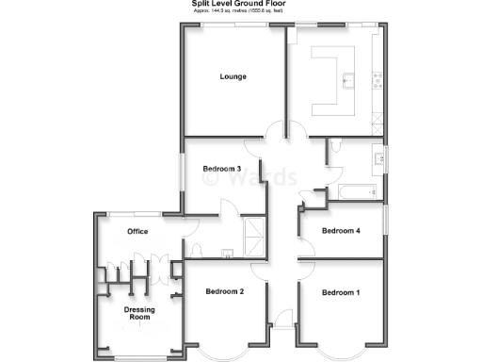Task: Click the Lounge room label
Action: click(233, 76)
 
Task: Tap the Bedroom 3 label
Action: click(222, 170)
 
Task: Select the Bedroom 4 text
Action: click(340, 230)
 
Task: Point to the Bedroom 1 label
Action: click(340, 292)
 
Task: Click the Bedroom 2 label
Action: click(225, 292)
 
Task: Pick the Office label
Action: click(138, 231)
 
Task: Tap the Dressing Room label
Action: click(138, 313)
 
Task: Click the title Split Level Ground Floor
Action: click(240, 5)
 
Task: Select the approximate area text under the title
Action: click(240, 12)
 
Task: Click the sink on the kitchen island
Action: click(346, 79)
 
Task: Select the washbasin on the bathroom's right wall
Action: click(378, 158)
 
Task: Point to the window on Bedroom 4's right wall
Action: click(385, 229)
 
